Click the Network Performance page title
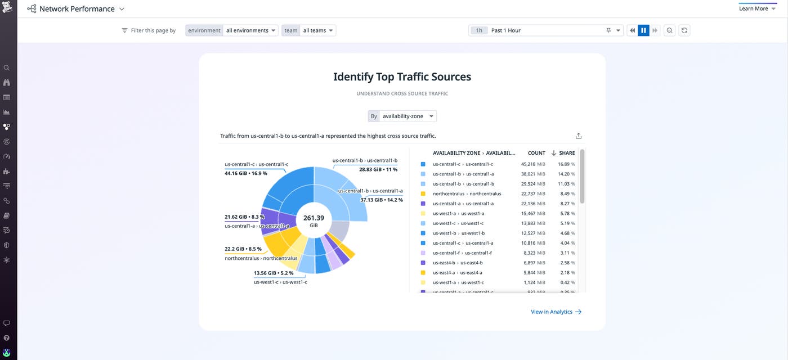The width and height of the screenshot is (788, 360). [x=77, y=9]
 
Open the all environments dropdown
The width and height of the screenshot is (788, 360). [x=250, y=30]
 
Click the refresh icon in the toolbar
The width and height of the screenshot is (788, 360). [x=684, y=30]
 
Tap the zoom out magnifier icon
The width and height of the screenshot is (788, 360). [x=670, y=30]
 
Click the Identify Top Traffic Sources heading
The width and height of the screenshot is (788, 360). [x=402, y=76]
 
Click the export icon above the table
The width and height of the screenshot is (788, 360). [x=579, y=136]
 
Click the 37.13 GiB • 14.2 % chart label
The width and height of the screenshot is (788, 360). [x=382, y=200]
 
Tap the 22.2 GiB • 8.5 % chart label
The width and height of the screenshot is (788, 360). [x=243, y=249]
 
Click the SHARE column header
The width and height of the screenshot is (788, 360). [x=567, y=153]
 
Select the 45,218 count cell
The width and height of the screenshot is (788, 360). [x=528, y=164]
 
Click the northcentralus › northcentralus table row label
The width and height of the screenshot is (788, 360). [x=467, y=194]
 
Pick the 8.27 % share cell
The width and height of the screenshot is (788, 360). [x=566, y=204]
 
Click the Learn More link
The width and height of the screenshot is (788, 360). [x=753, y=8]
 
